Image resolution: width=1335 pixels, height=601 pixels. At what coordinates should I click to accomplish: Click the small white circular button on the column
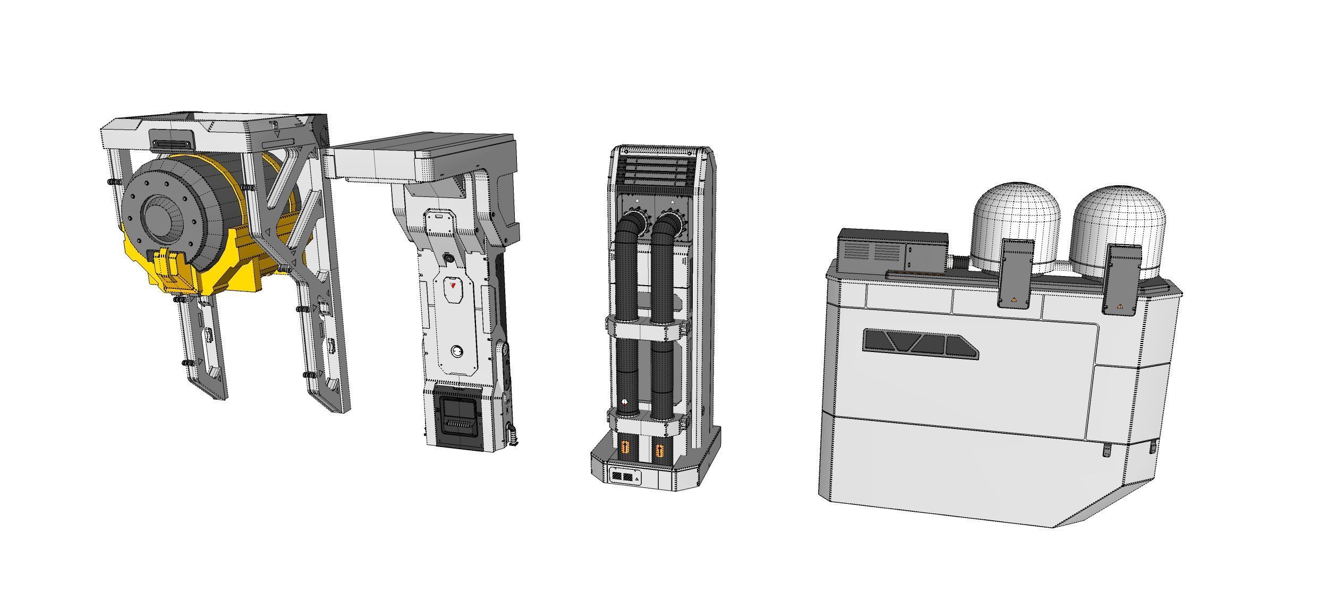[x=456, y=351]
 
